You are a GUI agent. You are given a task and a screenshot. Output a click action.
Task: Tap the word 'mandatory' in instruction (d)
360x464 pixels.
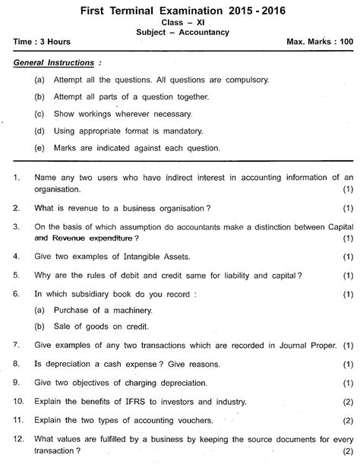[190, 130]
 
